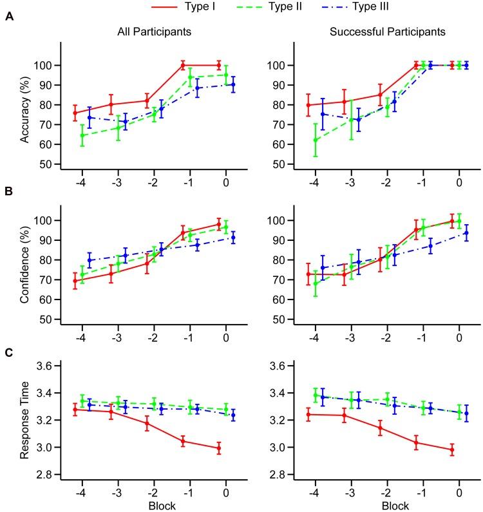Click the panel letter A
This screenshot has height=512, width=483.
[x=9, y=17]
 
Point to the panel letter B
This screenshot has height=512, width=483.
[x=9, y=191]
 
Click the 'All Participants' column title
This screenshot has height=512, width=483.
[x=150, y=31]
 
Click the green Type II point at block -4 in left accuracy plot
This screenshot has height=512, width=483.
[x=82, y=135]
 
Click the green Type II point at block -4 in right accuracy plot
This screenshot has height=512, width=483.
[x=316, y=140]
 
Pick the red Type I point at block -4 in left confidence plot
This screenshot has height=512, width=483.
[x=75, y=281]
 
